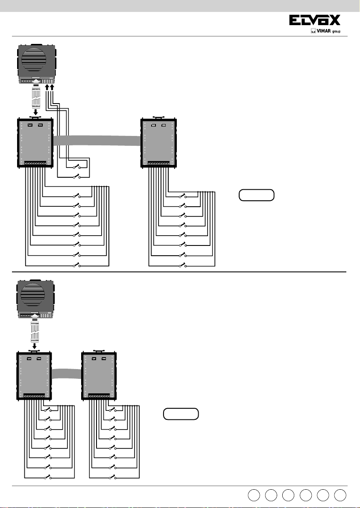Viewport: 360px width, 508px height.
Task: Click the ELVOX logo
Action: (x=315, y=20)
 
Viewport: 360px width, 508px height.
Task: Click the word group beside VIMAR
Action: (x=337, y=32)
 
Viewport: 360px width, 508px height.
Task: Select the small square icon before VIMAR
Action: (x=313, y=31)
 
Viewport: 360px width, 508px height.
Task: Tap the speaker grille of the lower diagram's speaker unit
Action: (x=33, y=295)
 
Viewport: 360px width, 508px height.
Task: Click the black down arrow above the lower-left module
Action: (x=35, y=346)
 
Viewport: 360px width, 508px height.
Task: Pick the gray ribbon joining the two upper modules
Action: (x=97, y=141)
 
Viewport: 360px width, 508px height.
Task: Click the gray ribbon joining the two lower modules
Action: (x=67, y=374)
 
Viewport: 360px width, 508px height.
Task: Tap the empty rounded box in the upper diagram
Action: (x=257, y=195)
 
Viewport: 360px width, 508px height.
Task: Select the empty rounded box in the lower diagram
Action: (x=181, y=414)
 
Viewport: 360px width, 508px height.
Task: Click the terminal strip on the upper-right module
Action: (x=159, y=163)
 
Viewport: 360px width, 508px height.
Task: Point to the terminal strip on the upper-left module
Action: (x=35, y=163)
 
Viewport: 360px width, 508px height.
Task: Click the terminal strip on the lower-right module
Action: (x=99, y=396)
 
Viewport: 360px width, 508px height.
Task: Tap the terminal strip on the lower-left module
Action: (x=34, y=396)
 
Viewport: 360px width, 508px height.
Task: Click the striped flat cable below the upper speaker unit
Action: (x=36, y=98)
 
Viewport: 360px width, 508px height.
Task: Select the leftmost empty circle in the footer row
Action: (x=254, y=495)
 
